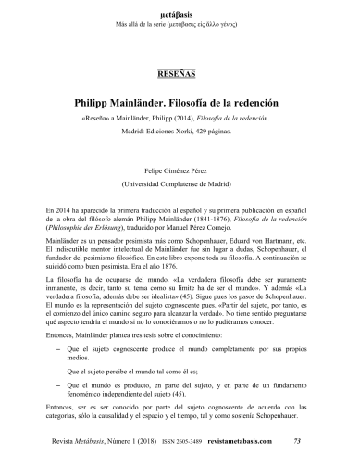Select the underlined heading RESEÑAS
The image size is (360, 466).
[x=180, y=70]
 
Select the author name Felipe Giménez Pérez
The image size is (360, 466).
[x=180, y=172]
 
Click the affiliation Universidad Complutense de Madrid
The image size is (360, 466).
[x=180, y=184]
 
